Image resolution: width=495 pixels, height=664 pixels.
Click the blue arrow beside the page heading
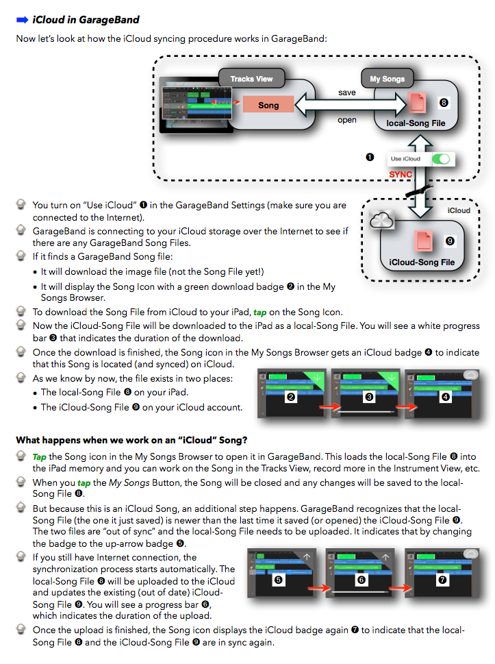pos(22,20)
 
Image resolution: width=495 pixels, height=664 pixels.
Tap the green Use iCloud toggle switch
pos(442,159)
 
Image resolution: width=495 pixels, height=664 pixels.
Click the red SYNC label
pos(401,174)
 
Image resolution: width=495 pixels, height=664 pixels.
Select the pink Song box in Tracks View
pos(268,106)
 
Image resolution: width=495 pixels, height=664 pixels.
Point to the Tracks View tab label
pos(251,79)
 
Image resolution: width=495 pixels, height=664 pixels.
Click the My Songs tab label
pos(387,79)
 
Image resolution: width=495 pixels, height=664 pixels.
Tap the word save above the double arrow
pos(347,93)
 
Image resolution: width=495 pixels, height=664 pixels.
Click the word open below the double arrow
pos(347,120)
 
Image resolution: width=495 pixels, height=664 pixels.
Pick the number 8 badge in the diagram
pos(444,103)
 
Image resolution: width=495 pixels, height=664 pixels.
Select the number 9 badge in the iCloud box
pos(449,241)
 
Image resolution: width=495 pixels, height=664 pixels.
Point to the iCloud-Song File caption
pos(422,262)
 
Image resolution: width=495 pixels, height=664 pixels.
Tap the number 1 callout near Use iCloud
pos(370,157)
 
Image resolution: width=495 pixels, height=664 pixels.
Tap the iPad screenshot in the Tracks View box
pos(194,106)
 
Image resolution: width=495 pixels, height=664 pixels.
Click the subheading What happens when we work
pos(131,439)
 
